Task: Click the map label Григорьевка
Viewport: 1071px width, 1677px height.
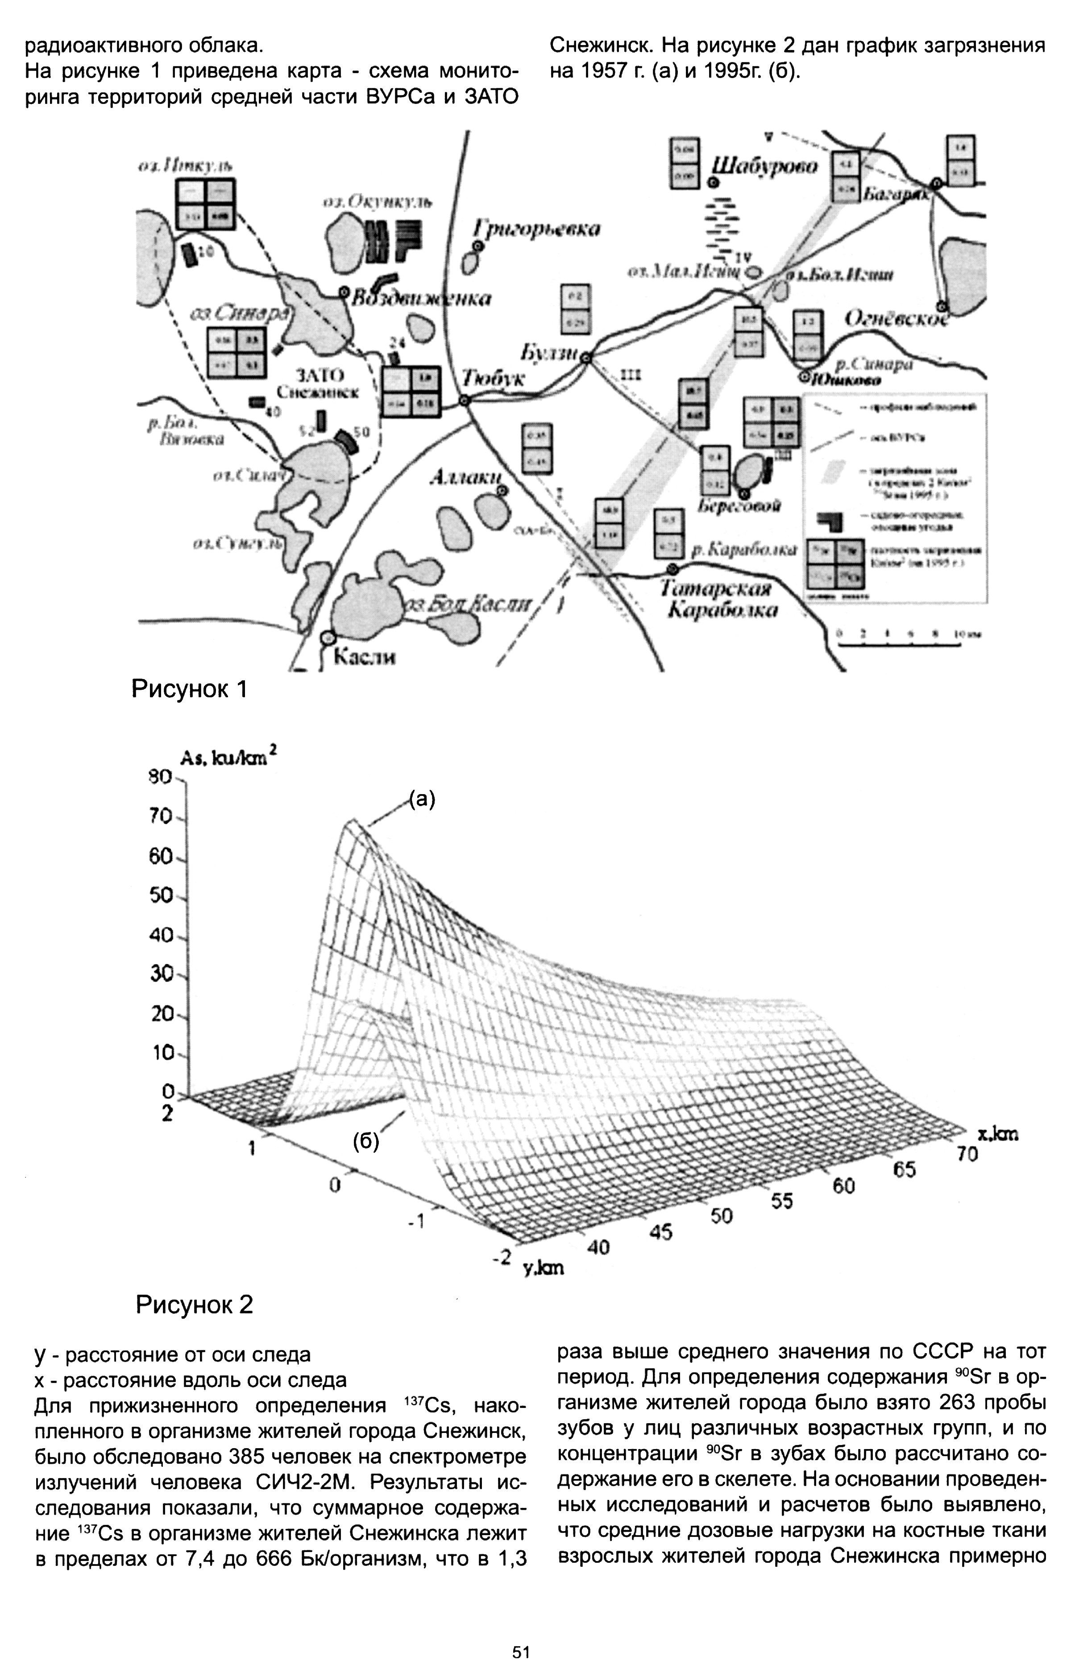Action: tap(536, 228)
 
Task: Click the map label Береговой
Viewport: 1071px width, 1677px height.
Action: tap(739, 505)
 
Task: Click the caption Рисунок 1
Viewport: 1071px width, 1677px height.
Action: tap(190, 689)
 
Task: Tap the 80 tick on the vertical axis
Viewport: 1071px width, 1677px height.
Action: tap(162, 777)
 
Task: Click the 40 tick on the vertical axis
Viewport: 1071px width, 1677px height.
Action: tap(162, 935)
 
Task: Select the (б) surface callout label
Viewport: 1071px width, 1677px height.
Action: tap(366, 1142)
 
